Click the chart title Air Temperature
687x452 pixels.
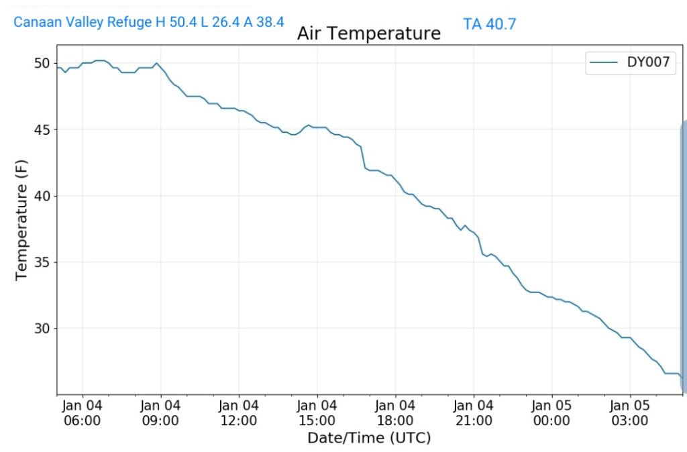coord(369,33)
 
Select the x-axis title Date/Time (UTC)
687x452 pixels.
coord(369,438)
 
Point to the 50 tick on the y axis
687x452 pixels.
coord(42,63)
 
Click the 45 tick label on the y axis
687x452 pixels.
coord(42,129)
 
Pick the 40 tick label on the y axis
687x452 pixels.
coord(42,196)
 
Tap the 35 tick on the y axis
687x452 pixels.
coord(42,262)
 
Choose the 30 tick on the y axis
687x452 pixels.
coord(42,329)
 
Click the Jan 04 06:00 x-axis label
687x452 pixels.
coord(83,413)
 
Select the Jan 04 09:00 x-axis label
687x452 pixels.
coord(161,413)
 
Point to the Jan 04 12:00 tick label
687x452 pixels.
coord(239,413)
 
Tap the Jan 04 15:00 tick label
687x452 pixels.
coord(317,413)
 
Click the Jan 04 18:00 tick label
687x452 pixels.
coord(395,413)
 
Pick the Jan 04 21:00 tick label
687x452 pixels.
coord(474,413)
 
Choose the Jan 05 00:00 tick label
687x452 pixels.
coord(552,413)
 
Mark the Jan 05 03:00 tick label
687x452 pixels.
coord(630,413)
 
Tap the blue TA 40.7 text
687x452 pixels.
coord(489,24)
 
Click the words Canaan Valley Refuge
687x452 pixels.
coord(83,22)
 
